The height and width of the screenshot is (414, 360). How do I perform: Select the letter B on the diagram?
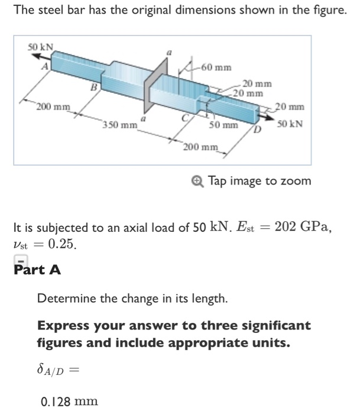[x=92, y=88]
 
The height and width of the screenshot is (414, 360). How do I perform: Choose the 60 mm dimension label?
[x=216, y=66]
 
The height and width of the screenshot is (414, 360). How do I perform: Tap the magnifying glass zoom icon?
[x=199, y=181]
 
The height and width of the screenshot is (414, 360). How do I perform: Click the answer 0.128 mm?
[x=69, y=402]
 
